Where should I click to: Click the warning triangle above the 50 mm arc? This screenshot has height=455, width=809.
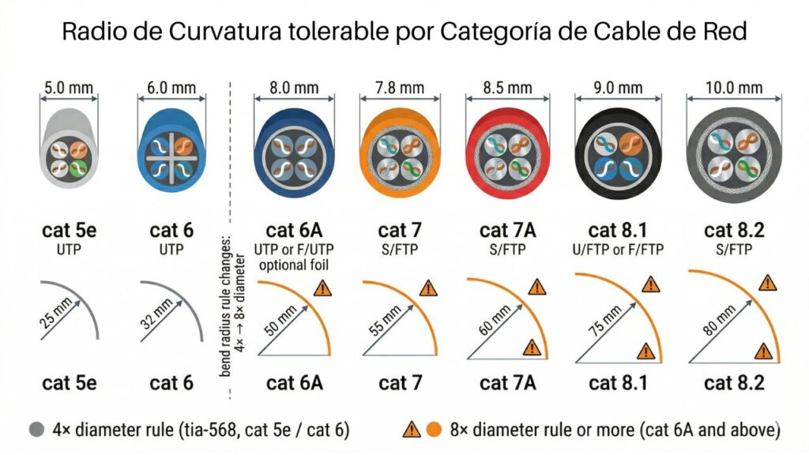pos(322,288)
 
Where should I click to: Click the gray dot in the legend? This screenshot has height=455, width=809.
pos(35,430)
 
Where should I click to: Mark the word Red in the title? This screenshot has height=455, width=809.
pos(724,32)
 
